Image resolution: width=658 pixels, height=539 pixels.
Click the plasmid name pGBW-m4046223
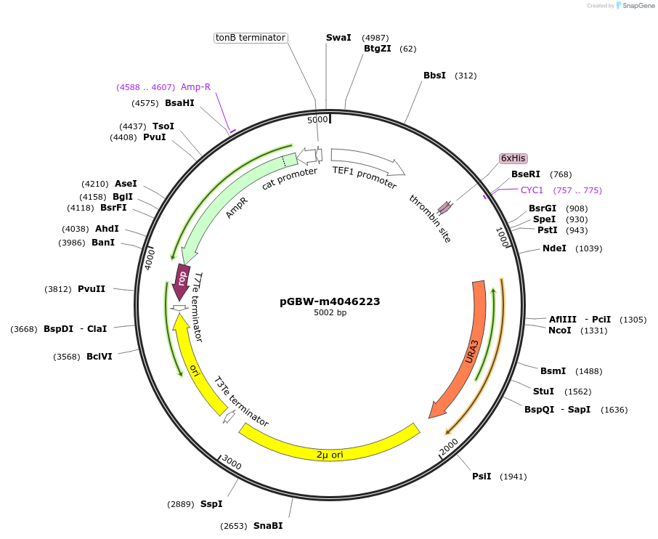click(330, 301)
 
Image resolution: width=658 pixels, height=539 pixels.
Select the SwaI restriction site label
click(338, 37)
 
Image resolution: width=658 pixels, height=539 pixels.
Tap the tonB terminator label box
click(251, 38)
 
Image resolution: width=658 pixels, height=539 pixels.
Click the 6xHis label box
click(513, 158)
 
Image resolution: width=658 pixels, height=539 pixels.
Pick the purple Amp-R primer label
click(195, 87)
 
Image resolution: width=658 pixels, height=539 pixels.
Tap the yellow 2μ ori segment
click(330, 445)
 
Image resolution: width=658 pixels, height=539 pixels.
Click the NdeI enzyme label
click(554, 248)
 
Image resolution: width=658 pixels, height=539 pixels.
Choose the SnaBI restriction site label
click(268, 526)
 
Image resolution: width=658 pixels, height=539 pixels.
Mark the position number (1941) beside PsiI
click(513, 477)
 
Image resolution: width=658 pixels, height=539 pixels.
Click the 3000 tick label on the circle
click(232, 463)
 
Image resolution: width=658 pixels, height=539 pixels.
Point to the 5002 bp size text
click(330, 313)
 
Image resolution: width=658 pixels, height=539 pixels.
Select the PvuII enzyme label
click(92, 288)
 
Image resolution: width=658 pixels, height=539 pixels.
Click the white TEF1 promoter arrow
click(367, 163)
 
